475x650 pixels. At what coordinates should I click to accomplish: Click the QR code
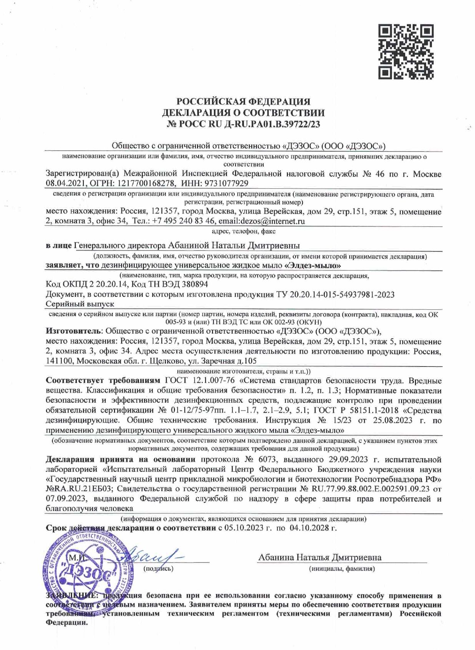(405, 52)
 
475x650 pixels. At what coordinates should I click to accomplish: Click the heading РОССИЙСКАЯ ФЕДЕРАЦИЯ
(243, 102)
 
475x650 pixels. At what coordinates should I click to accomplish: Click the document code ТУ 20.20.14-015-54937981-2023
(335, 294)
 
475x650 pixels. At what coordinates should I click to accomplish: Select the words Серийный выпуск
(80, 304)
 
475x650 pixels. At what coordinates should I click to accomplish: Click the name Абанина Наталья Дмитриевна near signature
(320, 557)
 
